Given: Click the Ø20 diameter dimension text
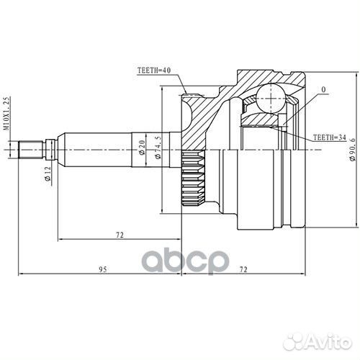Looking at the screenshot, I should click(143, 148).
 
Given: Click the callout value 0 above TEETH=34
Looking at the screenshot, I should click(323, 90).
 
